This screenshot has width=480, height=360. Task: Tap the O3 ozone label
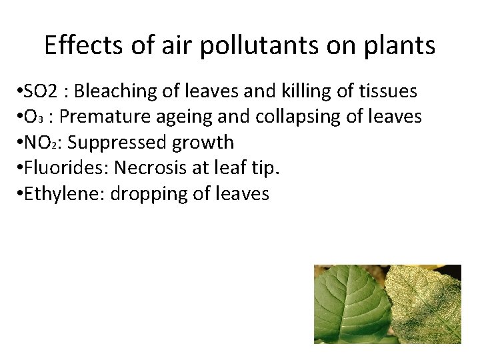[35, 117]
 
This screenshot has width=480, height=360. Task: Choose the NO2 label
[45, 143]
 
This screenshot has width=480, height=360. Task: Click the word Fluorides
[60, 168]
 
